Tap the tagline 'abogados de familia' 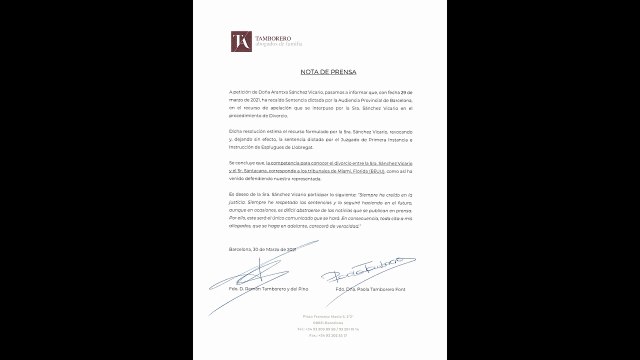[x=277, y=45]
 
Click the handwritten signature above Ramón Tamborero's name [x=250, y=270]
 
